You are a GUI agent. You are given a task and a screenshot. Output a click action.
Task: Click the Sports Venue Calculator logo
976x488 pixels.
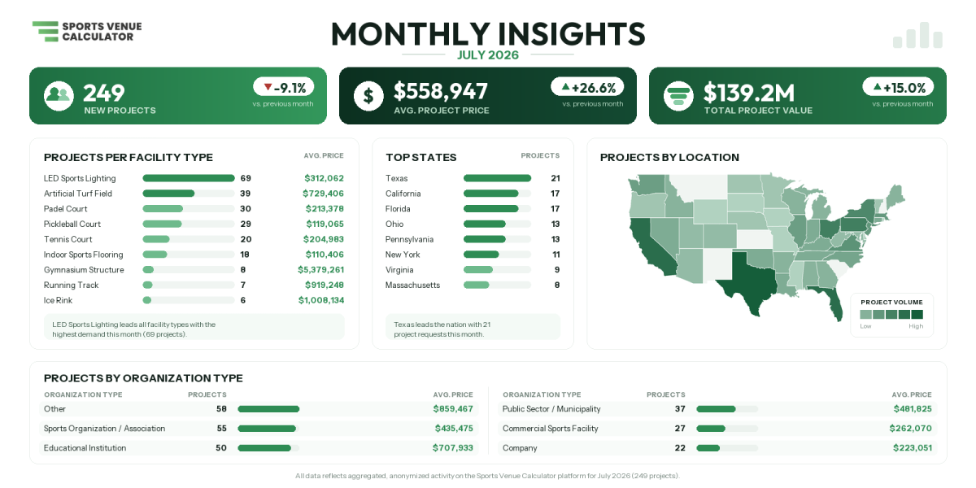87,32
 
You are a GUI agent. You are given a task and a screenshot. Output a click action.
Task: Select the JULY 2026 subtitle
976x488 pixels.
487,55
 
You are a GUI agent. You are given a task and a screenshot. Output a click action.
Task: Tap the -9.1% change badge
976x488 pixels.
284,88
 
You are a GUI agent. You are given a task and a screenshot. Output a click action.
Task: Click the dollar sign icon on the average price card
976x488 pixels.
368,96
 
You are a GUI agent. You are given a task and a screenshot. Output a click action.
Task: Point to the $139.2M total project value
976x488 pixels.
749,93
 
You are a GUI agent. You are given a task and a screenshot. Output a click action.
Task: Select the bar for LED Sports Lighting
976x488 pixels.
189,178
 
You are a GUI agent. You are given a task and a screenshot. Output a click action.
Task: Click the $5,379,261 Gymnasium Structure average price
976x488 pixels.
320,270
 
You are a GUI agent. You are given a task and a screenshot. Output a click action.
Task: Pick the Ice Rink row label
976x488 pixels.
58,300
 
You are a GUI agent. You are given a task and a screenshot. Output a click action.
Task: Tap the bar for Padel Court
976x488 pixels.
163,209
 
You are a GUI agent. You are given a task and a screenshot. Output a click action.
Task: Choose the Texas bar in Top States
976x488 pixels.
497,178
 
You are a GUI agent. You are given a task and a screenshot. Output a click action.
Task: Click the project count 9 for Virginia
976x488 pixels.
557,270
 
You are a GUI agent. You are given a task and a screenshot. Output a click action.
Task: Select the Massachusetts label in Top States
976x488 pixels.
412,285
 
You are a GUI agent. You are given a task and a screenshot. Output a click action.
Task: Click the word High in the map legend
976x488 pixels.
916,326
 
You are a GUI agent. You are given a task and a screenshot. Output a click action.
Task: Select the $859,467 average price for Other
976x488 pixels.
453,408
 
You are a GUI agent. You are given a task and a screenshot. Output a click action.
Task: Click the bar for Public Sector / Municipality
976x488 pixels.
716,409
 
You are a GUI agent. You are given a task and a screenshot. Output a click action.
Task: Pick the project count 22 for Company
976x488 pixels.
680,448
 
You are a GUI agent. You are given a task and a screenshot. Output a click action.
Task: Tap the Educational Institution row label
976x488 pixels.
85,448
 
